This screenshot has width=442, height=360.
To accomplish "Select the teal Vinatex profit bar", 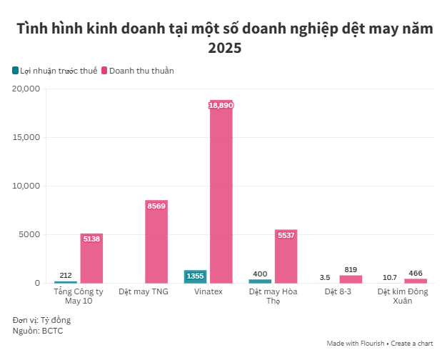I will (195, 276).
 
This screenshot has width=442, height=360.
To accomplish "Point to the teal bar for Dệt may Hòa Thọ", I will (260, 281).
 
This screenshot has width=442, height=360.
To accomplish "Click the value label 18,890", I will (221, 105).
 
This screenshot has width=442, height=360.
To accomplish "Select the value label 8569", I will (156, 206).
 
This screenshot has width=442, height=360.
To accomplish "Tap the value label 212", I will (66, 275).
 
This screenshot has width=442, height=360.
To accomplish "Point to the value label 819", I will (351, 269).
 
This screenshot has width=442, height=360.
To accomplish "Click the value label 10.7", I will (390, 277).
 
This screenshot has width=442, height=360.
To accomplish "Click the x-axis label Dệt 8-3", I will (338, 292).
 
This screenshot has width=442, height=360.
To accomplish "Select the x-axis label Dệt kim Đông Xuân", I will (403, 296).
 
